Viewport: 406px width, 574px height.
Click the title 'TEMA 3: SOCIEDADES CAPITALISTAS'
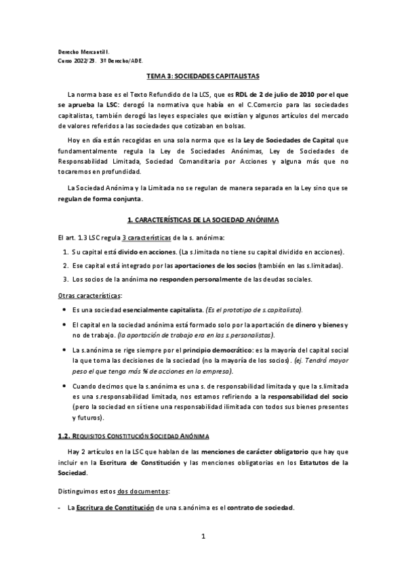[203, 76]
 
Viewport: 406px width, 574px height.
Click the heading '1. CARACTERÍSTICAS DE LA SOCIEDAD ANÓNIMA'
[203, 221]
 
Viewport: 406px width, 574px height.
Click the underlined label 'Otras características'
[89, 296]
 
